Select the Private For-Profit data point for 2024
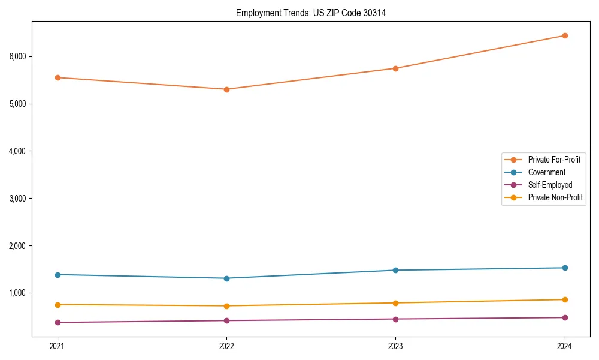click(565, 35)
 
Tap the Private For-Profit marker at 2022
click(226, 89)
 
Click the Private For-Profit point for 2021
click(58, 77)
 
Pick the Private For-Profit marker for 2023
click(395, 68)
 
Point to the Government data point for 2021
click(58, 275)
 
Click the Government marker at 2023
click(395, 270)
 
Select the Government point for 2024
click(565, 268)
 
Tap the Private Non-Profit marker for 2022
click(226, 306)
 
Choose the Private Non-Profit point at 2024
click(565, 299)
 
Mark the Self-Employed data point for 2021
click(58, 322)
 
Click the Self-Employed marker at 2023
click(395, 319)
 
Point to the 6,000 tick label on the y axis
click(17, 56)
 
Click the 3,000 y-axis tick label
click(17, 199)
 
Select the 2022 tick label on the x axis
click(226, 346)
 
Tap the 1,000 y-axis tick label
click(17, 293)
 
